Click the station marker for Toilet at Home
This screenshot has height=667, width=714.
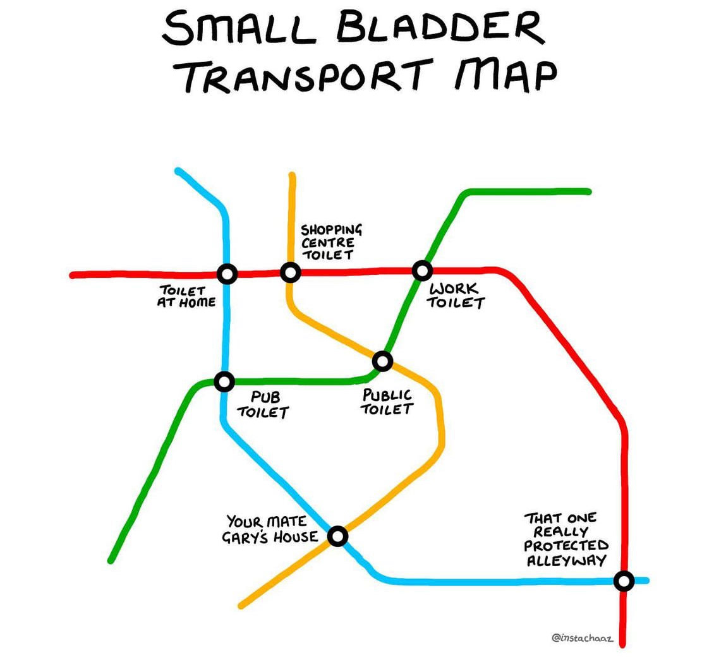coord(227,273)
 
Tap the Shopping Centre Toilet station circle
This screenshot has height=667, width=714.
coord(290,272)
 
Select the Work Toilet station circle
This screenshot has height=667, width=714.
coord(422,270)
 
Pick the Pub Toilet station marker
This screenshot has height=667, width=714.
coord(224,382)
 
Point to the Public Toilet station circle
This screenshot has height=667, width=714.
coord(382,361)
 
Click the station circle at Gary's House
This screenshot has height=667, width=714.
coord(338,536)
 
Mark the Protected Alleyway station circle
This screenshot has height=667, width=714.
coord(624,580)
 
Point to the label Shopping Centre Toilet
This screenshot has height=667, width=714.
coord(330,241)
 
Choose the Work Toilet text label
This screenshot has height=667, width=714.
coord(456,296)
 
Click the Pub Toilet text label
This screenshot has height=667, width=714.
coord(263,404)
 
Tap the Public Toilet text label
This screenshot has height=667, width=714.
coord(387,402)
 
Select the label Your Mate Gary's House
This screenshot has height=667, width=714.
coord(272,529)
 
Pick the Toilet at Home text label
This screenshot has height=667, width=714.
coord(186,296)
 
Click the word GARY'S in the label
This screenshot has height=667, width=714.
coord(246,538)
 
